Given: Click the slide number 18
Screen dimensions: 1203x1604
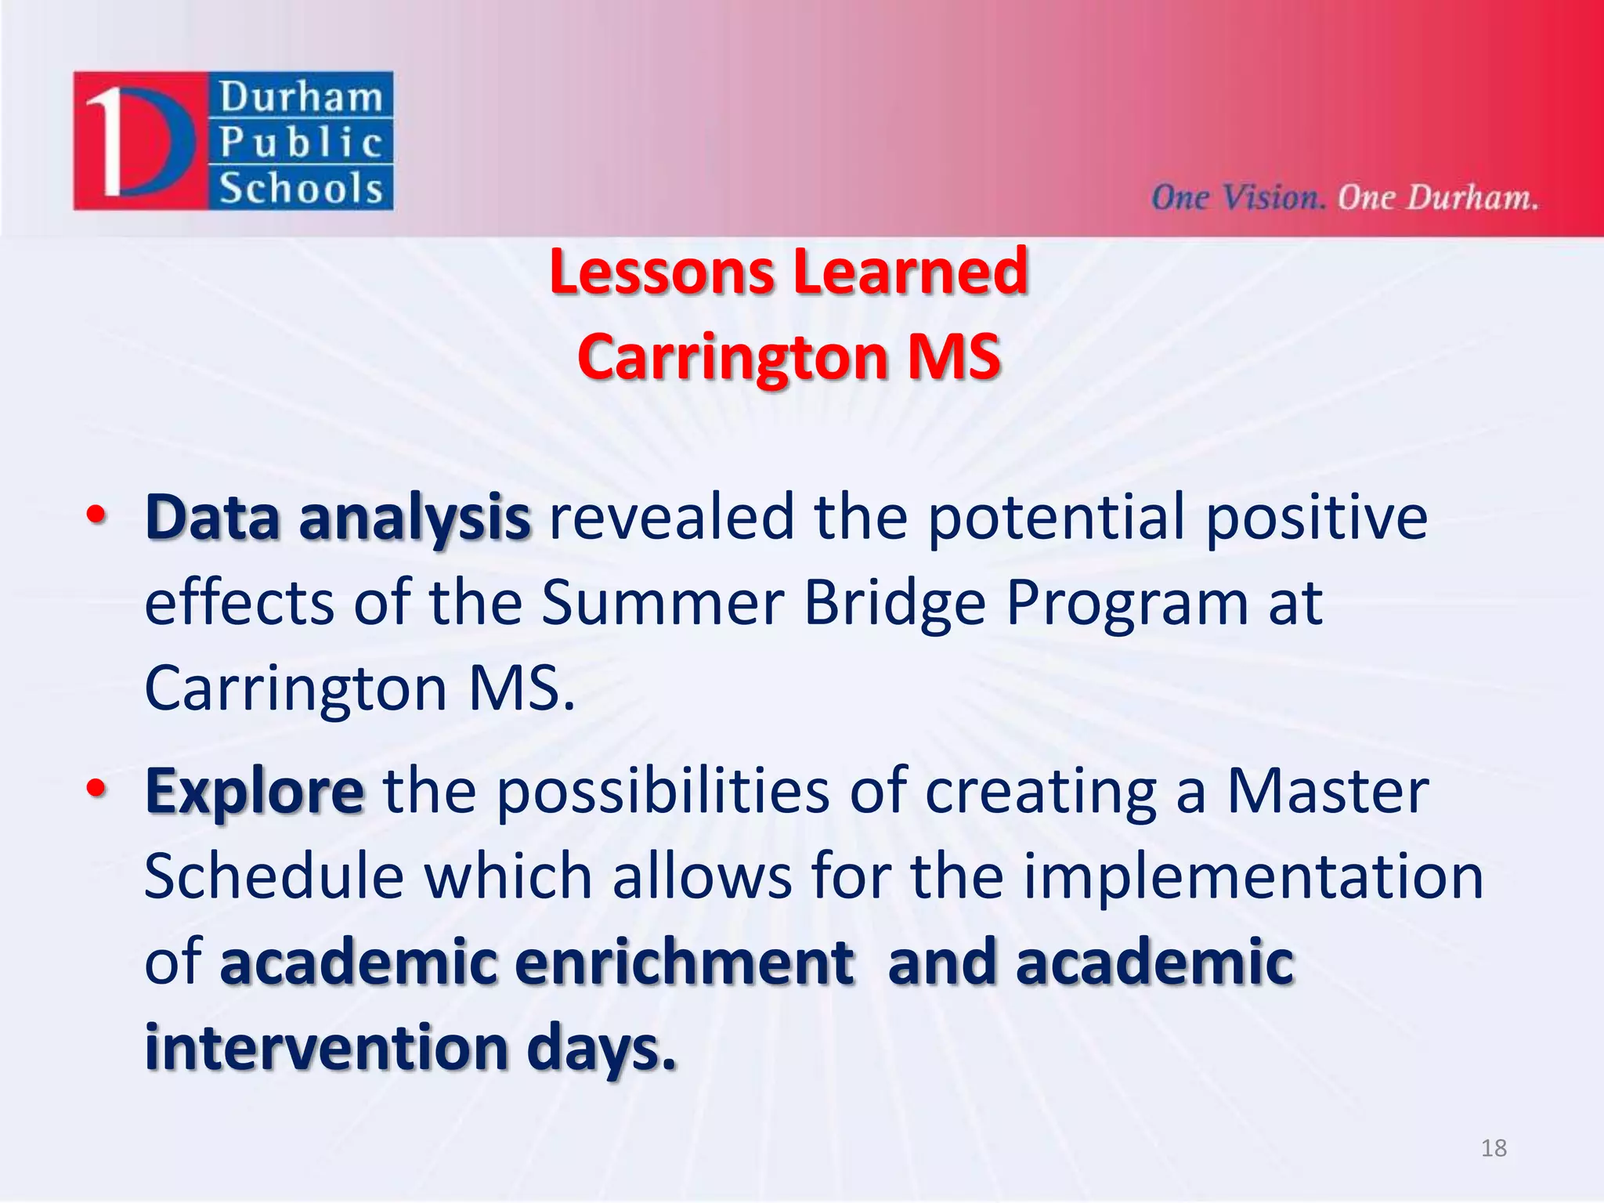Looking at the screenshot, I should (1494, 1147).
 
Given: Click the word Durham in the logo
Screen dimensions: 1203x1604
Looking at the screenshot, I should (301, 98).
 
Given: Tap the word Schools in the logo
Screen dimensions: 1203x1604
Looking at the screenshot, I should (301, 189).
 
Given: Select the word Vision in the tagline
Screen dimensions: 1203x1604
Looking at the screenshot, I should (1273, 197).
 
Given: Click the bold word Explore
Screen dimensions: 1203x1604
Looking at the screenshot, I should (255, 793).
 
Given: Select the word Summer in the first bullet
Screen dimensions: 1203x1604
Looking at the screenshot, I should (663, 603).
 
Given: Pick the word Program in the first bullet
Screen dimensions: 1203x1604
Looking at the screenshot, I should (1126, 605).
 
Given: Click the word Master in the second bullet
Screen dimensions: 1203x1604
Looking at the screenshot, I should (1328, 791).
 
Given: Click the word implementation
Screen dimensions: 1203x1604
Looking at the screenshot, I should (1253, 877).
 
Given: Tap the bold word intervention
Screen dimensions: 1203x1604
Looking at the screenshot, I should (327, 1048).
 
